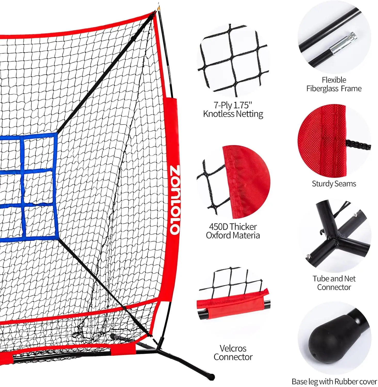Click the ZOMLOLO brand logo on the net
[175, 200]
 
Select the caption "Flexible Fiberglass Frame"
[334, 84]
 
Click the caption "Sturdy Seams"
[334, 183]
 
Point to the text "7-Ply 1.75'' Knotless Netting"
[233, 109]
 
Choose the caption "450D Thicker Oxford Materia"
[233, 231]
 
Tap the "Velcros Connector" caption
[233, 352]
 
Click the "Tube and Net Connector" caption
[334, 283]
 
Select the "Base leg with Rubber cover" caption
[334, 381]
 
